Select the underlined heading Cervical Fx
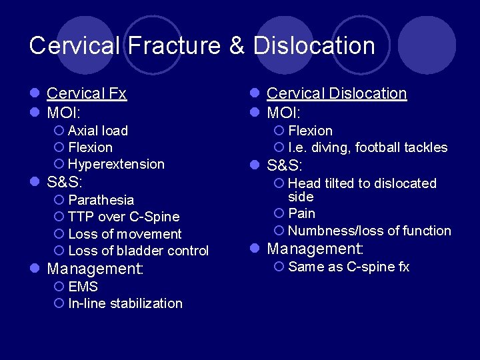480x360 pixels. pos(87,93)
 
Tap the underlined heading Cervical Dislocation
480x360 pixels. pos(337,93)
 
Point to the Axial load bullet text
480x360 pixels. pos(98,131)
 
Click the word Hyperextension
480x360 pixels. pos(116,164)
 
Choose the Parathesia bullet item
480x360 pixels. pos(101,200)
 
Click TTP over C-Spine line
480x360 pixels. pos(123,217)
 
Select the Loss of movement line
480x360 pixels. pos(125,234)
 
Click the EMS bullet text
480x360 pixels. pos(83,287)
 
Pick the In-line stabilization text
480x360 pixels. pos(125,303)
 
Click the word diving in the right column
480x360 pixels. pos(327,147)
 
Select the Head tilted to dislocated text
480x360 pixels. pos(362,183)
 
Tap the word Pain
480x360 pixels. pos(302,213)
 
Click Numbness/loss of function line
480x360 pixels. pos(369,231)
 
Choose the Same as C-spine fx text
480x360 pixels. pos(349,267)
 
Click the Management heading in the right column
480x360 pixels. pos(315,249)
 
